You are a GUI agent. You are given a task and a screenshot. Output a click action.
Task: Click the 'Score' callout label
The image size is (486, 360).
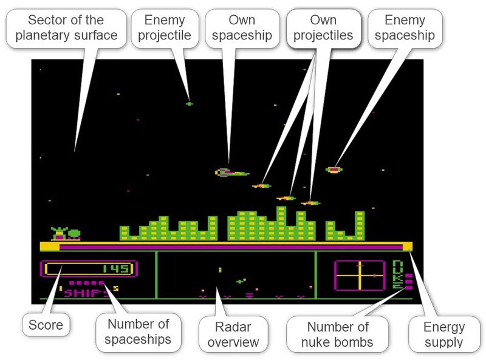pos(46,325)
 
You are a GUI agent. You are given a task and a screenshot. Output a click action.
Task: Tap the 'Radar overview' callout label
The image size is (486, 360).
pos(233,335)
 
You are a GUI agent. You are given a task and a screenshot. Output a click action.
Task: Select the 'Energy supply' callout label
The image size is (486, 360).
pos(444,335)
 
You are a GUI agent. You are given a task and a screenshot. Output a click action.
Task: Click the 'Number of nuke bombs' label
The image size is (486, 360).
pos(337,335)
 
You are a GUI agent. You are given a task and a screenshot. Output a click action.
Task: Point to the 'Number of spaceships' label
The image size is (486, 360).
pos(138,332)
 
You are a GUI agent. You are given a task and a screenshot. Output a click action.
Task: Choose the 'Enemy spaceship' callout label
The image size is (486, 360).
pos(405,28)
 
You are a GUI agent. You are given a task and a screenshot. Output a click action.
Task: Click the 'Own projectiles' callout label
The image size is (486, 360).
pos(323,28)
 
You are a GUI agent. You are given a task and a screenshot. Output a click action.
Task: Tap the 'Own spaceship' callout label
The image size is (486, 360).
pos(242,28)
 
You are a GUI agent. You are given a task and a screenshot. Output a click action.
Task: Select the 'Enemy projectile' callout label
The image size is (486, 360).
pos(165,28)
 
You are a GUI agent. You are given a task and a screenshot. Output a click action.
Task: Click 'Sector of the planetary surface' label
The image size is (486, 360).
pos(66,28)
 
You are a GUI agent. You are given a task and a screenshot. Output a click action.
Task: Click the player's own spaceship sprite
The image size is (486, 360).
pos(232,172)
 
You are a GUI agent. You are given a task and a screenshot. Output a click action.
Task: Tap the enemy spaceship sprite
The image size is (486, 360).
pos(334,169)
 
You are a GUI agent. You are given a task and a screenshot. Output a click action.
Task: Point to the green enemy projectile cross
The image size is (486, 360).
pos(189,104)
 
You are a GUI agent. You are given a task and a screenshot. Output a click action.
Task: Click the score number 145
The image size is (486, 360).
pos(115,268)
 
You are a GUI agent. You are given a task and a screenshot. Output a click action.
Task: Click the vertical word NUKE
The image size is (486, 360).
pos(397,274)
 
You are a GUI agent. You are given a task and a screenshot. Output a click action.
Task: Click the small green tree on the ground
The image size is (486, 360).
pos(74,234)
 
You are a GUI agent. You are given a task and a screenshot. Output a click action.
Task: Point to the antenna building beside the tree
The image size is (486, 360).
pos(59,234)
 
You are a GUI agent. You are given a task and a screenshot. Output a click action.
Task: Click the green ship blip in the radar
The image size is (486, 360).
pos(241,281)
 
